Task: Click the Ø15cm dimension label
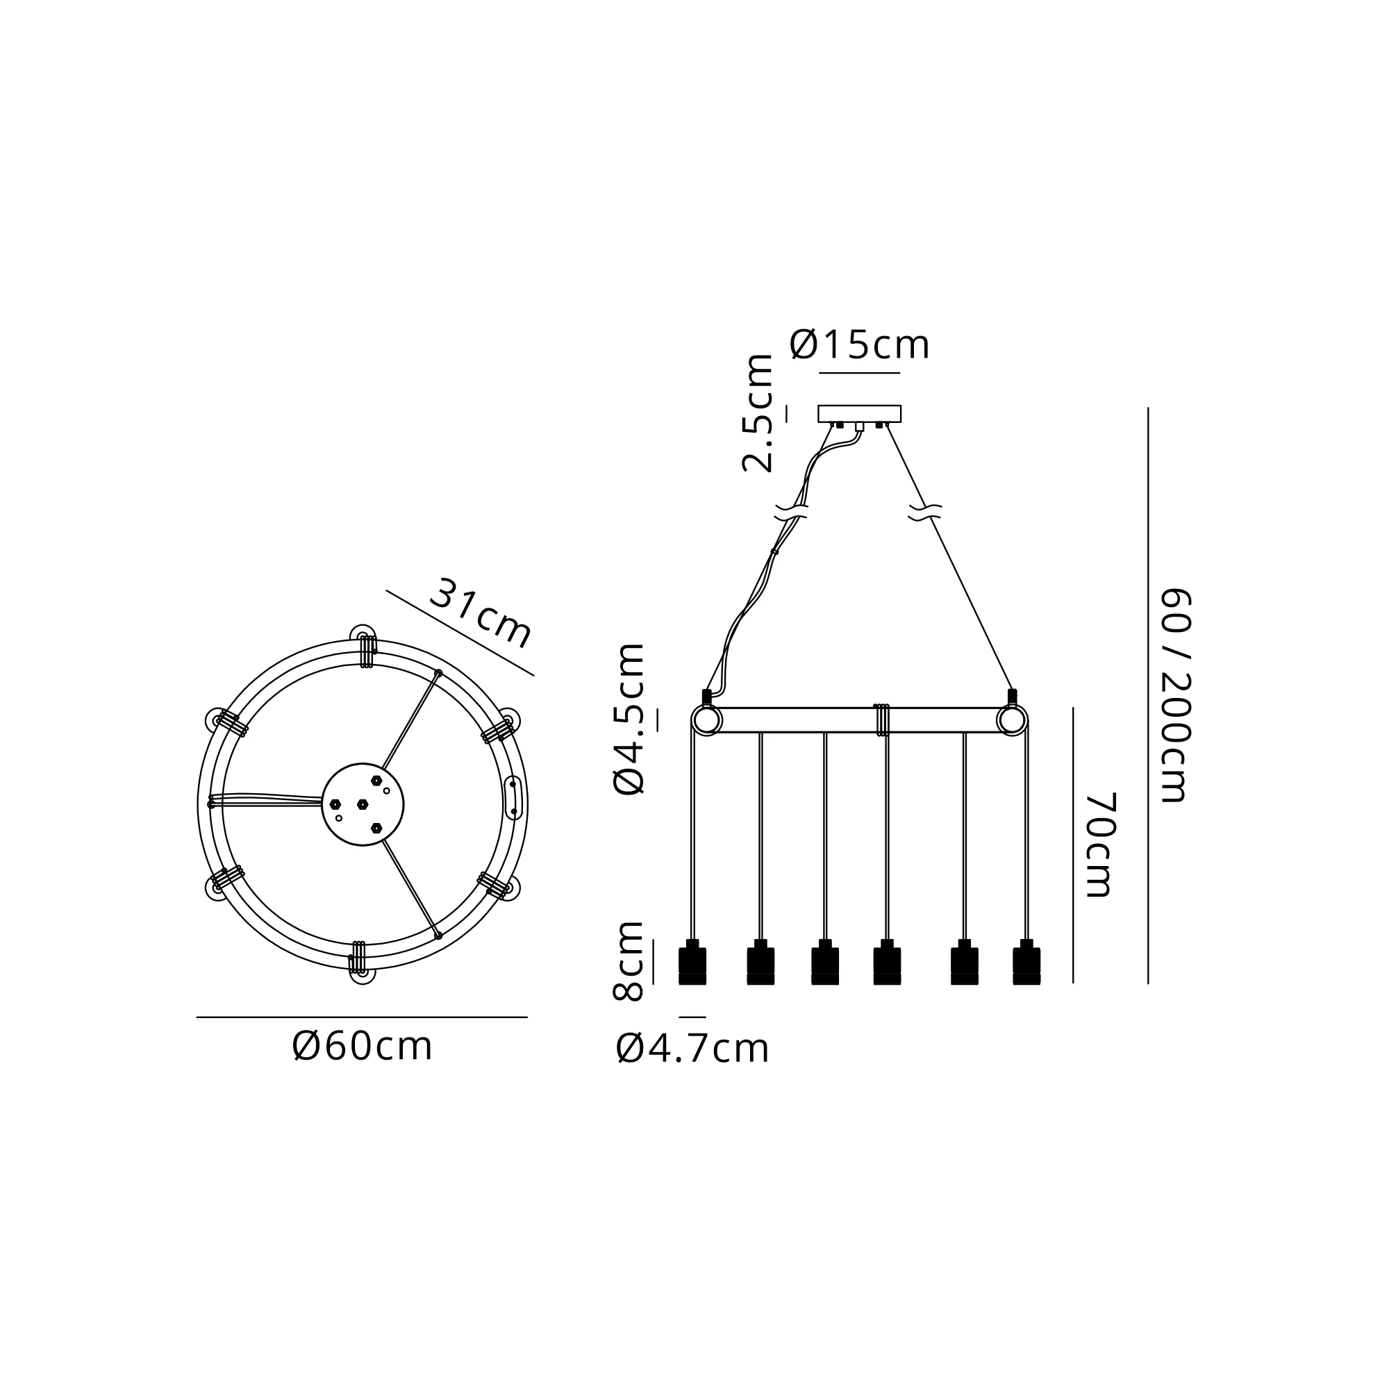[x=859, y=345]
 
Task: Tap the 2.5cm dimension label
[x=757, y=413]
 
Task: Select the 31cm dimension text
[x=481, y=613]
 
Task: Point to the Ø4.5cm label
[x=629, y=718]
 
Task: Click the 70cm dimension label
[x=1098, y=845]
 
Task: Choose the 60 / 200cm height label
[x=1176, y=695]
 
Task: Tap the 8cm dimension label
[x=629, y=960]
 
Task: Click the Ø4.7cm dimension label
[x=692, y=1049]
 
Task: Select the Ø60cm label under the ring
[x=363, y=1047]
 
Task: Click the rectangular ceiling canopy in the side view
[x=859, y=413]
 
